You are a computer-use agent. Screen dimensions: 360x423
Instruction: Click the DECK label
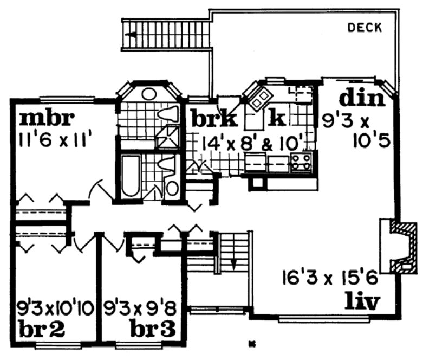(365, 27)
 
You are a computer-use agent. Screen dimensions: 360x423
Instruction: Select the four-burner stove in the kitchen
(301, 162)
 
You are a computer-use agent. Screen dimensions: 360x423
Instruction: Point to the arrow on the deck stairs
(130, 34)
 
